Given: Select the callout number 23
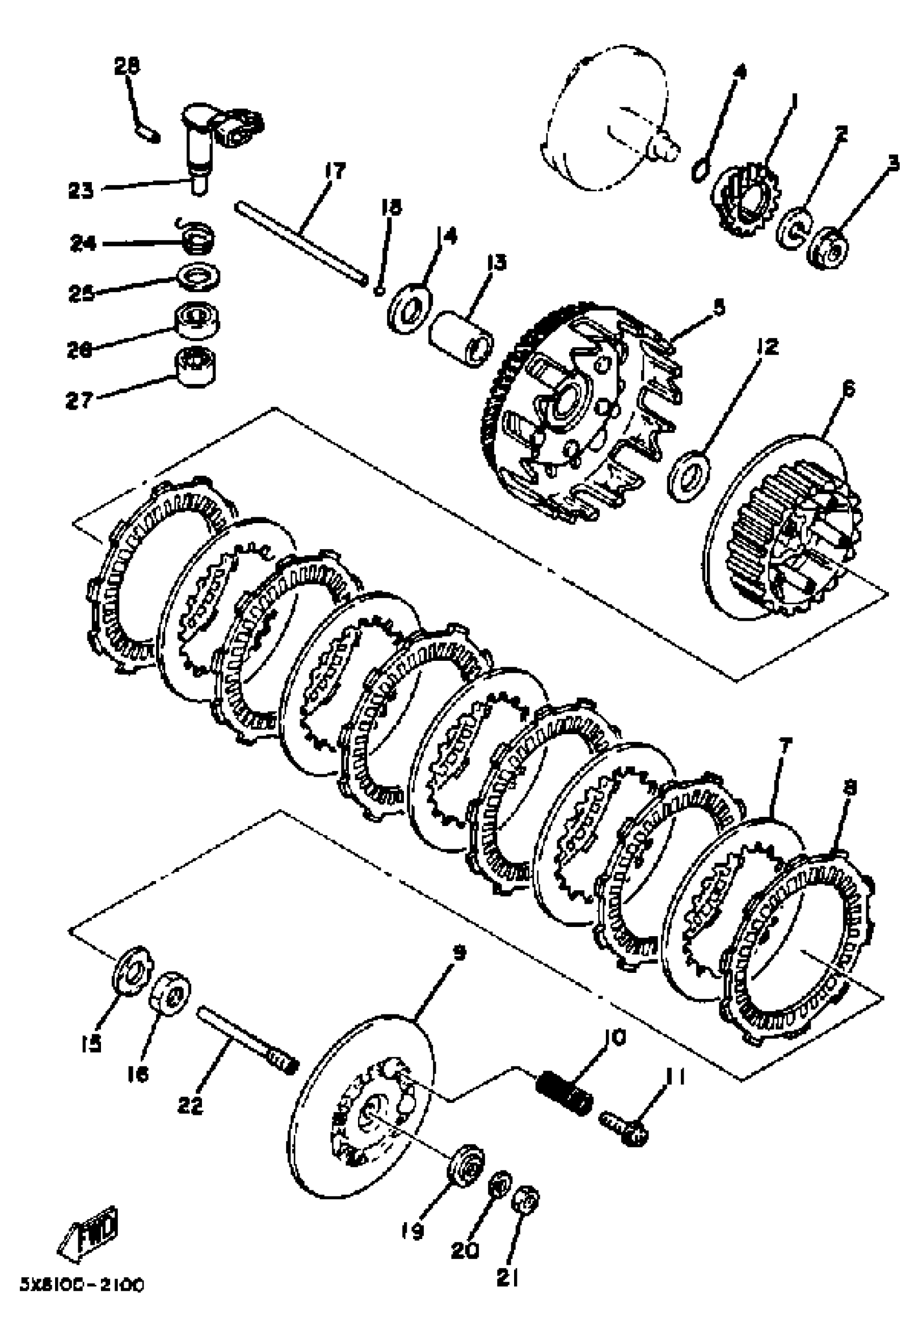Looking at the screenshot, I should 80,190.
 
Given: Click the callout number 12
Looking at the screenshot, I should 767,347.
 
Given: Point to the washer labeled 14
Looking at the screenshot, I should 409,308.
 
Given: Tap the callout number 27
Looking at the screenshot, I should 79,400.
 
